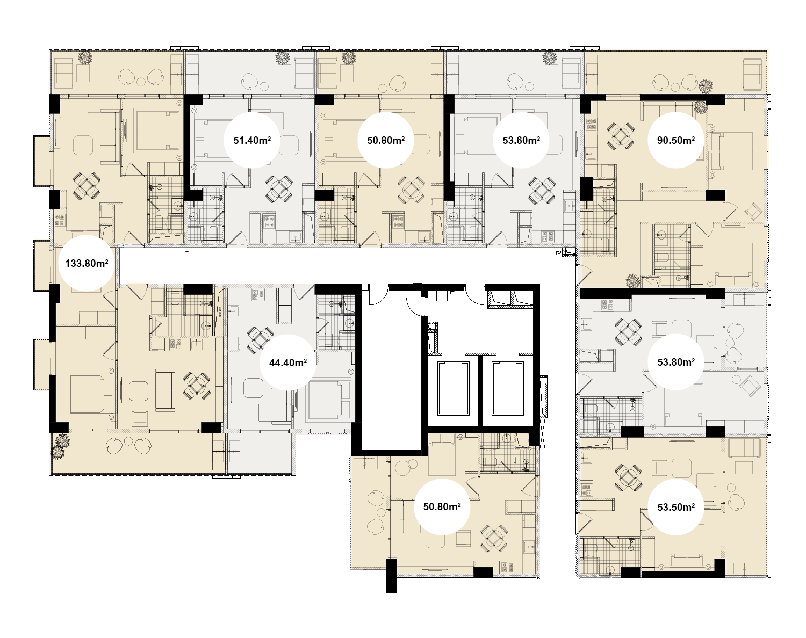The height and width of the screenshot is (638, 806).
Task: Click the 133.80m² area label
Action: [x=87, y=263]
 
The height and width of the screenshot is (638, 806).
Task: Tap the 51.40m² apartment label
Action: [x=252, y=140]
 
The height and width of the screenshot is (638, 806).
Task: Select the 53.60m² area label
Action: [x=521, y=140]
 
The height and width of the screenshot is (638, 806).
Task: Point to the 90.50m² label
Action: [x=675, y=140]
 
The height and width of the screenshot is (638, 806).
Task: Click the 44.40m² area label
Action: [x=288, y=363]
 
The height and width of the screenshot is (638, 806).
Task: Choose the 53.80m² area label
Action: [x=676, y=362]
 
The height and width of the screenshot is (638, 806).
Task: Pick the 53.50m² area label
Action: [x=676, y=507]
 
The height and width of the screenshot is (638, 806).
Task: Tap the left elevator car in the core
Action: [x=453, y=388]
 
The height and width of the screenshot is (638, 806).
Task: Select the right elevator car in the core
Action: [x=507, y=388]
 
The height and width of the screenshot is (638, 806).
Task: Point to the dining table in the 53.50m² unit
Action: [x=628, y=478]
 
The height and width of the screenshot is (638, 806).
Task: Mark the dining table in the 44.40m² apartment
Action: [x=260, y=339]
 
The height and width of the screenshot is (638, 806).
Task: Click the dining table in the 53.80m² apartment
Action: [x=628, y=332]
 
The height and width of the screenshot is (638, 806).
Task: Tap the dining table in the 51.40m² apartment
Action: [x=279, y=189]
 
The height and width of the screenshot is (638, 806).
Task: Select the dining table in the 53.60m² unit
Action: [x=542, y=191]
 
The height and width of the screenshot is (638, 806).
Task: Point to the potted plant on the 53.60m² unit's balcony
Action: [x=550, y=57]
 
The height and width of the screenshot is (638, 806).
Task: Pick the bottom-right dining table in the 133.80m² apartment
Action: [x=197, y=386]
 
